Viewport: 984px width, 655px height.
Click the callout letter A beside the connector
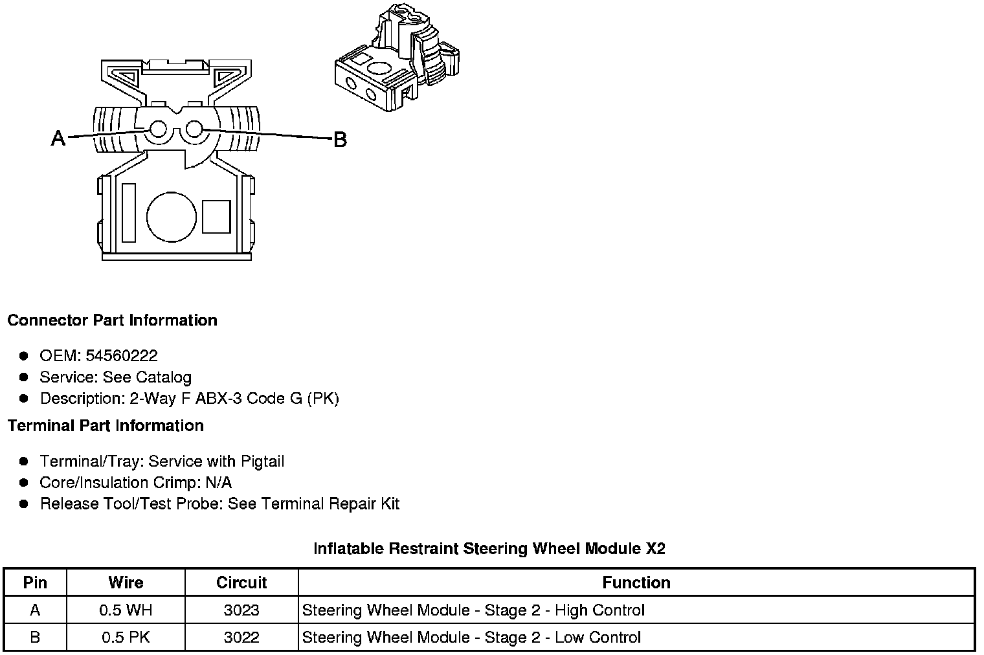[x=58, y=138]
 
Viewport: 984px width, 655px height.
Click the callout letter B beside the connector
[x=340, y=139]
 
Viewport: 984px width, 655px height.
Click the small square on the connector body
[x=216, y=217]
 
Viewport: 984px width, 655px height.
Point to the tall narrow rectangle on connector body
[x=129, y=213]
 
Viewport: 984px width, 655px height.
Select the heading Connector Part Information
[x=113, y=320]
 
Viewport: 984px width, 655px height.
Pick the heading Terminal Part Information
[x=106, y=426]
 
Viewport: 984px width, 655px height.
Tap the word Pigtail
[x=262, y=461]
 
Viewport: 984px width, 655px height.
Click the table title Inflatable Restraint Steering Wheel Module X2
[x=489, y=549]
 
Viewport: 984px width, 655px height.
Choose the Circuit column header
[x=241, y=583]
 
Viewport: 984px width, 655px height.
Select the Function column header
[x=636, y=583]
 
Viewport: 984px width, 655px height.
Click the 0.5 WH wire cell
[x=126, y=610]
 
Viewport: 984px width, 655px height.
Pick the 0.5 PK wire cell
[x=126, y=638]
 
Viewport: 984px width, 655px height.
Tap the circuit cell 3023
[x=241, y=610]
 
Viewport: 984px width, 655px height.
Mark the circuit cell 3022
[x=241, y=638]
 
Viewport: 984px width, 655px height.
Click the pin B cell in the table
[x=35, y=638]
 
